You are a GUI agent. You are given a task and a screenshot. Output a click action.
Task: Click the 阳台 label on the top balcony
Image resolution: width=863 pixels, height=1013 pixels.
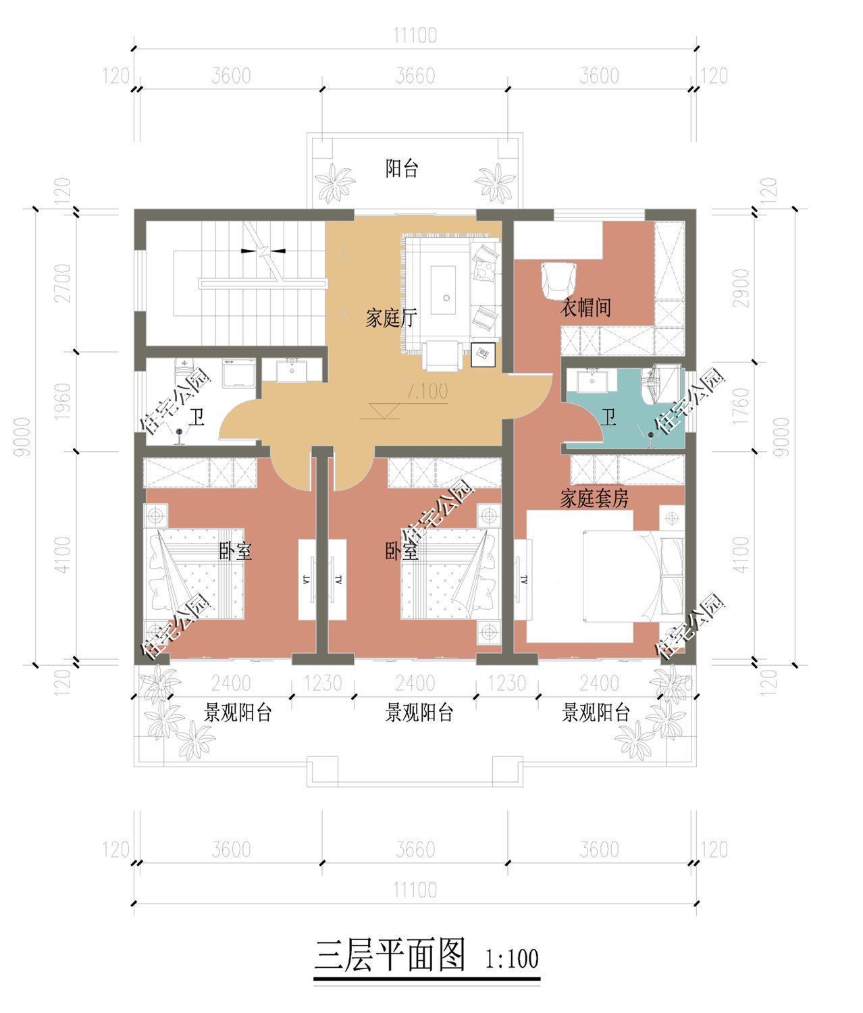pos(401,169)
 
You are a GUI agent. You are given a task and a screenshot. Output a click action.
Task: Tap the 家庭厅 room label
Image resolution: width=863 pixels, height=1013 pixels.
pos(391,318)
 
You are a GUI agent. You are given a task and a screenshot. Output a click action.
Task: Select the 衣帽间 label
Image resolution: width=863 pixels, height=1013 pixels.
pos(585,308)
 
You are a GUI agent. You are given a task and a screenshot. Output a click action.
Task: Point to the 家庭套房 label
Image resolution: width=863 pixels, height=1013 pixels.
pos(594,499)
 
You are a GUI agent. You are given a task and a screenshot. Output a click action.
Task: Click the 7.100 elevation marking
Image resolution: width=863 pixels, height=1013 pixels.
pos(427,391)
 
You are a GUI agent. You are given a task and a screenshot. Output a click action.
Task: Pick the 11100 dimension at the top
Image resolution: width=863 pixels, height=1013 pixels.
pos(415,35)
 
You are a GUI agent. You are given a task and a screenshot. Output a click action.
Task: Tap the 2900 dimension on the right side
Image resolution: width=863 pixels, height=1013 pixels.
pos(741,288)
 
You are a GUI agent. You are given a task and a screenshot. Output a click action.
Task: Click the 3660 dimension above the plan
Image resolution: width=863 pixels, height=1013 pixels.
pos(415,76)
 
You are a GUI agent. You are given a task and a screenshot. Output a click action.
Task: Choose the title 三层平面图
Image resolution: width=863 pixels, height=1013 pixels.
pos(390,955)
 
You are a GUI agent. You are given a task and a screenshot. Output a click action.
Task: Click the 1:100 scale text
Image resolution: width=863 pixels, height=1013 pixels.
pos(512,959)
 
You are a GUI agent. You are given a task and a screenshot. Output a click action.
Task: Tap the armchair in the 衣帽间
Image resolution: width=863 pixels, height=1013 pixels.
pos(558,280)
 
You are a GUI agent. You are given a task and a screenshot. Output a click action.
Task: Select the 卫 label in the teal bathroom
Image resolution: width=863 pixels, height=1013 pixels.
pos(608,418)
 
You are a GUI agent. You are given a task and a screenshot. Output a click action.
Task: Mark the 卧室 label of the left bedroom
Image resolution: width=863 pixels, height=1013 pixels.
pos(235,552)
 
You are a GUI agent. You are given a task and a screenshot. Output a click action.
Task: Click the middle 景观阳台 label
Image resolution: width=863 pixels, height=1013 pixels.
pos(419,712)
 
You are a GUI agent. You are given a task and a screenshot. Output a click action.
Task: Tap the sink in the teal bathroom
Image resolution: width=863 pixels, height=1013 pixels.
pos(592,381)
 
